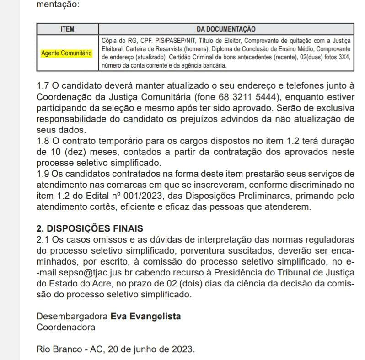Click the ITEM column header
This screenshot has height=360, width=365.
pyautogui.click(x=67, y=29)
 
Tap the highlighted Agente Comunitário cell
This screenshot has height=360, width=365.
pyautogui.click(x=66, y=53)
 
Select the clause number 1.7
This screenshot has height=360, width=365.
pyautogui.click(x=42, y=85)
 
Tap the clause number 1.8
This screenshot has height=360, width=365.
pyautogui.click(x=42, y=140)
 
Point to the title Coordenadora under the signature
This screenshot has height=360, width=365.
pyautogui.click(x=66, y=327)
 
